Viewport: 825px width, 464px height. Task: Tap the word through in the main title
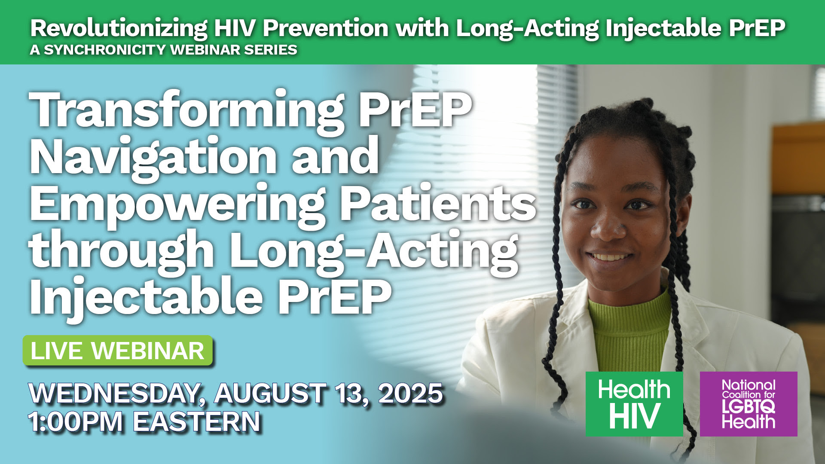(x=122, y=250)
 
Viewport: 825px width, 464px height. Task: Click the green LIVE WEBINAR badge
(x=118, y=351)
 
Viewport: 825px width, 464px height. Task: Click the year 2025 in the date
(x=410, y=393)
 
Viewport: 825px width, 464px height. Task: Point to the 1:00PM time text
(x=76, y=421)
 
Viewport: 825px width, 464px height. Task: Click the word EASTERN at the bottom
(x=197, y=421)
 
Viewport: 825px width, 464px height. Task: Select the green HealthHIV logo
(x=634, y=404)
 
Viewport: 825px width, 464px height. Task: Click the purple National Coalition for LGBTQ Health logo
(x=749, y=404)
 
